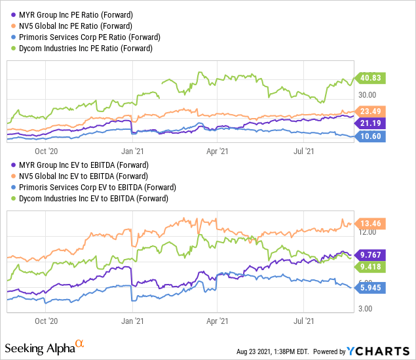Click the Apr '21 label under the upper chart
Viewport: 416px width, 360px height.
pyautogui.click(x=217, y=150)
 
